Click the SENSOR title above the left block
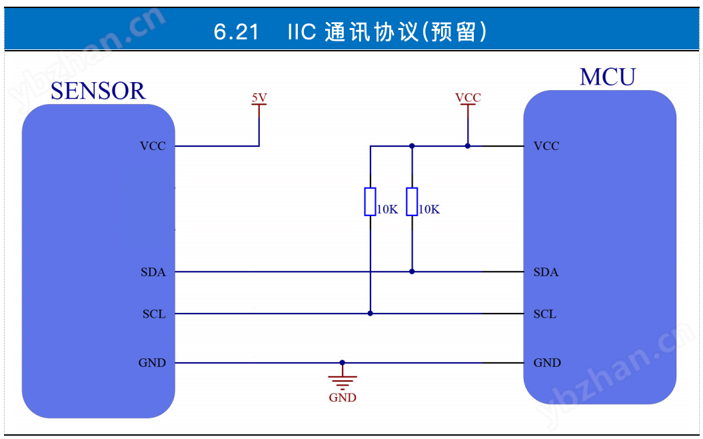point(97,91)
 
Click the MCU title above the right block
point(607,77)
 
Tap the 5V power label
point(259,98)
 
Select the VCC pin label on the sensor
point(153,146)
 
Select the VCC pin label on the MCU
point(546,146)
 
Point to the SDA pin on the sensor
point(153,272)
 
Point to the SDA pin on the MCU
point(546,272)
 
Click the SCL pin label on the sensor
point(154,314)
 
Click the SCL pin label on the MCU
point(545,314)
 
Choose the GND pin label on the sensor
point(152,363)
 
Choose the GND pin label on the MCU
point(547,363)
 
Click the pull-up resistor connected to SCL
point(370,201)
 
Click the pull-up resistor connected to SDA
point(412,201)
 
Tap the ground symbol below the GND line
point(343,381)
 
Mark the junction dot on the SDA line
point(412,272)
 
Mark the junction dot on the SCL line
point(370,313)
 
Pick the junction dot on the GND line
point(343,363)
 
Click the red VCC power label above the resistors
point(468,98)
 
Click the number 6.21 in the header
point(237,31)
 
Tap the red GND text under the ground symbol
point(343,398)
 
